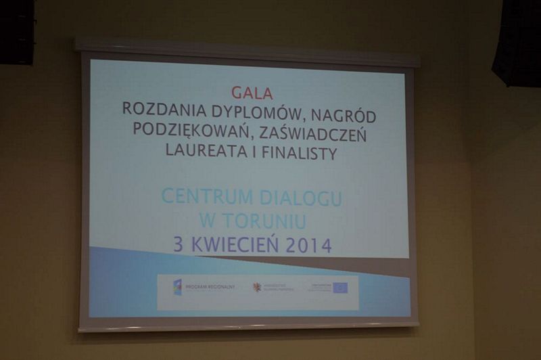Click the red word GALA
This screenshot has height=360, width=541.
(x=252, y=93)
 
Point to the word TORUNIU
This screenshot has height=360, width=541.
(x=267, y=221)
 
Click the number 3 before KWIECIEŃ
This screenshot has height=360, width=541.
(x=178, y=244)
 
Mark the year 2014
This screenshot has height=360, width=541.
(x=308, y=246)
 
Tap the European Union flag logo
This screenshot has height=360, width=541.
(x=340, y=288)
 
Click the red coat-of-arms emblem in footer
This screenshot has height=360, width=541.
(x=257, y=287)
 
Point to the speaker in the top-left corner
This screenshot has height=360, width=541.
(x=18, y=32)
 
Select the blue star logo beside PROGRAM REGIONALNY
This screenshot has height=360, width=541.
(x=177, y=287)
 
